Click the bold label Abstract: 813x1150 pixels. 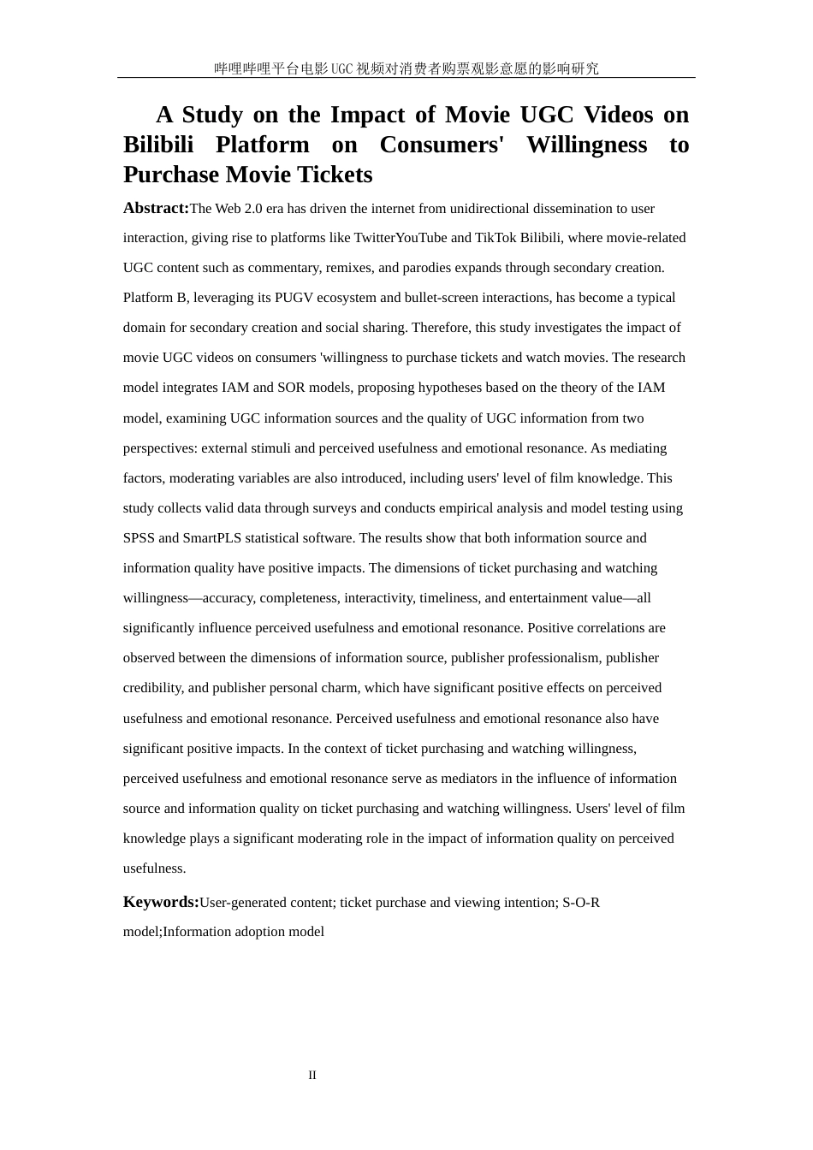(x=156, y=208)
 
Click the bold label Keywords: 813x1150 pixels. (x=161, y=902)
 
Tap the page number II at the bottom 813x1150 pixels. (x=312, y=1076)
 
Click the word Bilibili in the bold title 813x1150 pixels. (x=158, y=145)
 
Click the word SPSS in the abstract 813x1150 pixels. (x=139, y=538)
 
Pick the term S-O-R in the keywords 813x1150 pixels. (x=581, y=903)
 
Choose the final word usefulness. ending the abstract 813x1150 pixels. (x=155, y=868)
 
